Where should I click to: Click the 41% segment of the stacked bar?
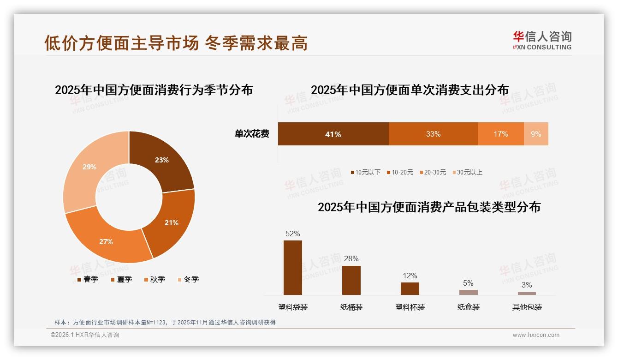pos(333,134)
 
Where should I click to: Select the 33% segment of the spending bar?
pos(433,134)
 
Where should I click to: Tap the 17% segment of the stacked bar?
pos(500,134)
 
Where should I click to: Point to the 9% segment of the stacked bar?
pos(536,134)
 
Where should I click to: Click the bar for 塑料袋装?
pos(293,268)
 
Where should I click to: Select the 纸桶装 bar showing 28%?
pos(351,280)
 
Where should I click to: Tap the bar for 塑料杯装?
pos(410,288)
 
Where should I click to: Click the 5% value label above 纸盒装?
pos(468,283)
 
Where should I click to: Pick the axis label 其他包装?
pos(527,307)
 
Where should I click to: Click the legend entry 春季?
pos(88,279)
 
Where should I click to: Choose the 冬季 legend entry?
pos(188,279)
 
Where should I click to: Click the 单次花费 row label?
pos(252,134)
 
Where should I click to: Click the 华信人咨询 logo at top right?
pos(542,40)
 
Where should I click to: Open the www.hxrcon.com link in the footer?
pos(536,335)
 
